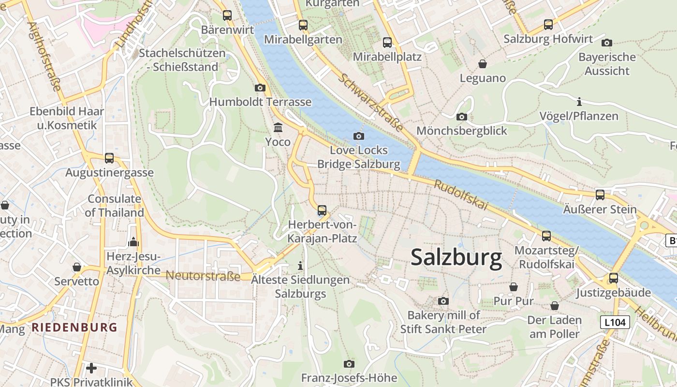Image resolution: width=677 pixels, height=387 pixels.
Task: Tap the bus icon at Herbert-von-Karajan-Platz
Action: [322, 210]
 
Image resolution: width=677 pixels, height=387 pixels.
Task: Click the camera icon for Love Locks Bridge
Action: [359, 136]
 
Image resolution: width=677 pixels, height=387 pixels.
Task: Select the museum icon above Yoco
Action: [278, 128]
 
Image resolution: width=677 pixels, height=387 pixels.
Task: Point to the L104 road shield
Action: [615, 322]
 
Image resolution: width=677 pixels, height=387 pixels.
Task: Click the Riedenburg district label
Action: [74, 327]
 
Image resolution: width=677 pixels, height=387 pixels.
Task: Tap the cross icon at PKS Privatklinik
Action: [91, 368]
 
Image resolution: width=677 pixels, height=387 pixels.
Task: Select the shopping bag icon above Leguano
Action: [482, 64]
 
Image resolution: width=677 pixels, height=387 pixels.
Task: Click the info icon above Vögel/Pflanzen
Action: [579, 102]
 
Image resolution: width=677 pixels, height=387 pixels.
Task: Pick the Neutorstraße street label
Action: [203, 276]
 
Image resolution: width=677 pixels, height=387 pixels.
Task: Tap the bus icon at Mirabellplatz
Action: [387, 43]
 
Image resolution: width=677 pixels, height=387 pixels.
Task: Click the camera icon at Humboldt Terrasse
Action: [260, 88]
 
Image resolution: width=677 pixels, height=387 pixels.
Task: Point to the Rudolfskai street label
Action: [461, 194]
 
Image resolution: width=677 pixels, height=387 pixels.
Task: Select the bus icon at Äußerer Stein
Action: [600, 195]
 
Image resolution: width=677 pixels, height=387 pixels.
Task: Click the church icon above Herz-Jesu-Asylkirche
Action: [133, 242]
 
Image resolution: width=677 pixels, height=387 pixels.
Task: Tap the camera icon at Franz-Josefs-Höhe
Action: [349, 364]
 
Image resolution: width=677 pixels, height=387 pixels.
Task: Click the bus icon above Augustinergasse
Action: [109, 158]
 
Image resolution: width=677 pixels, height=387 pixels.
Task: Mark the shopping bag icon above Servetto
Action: [76, 267]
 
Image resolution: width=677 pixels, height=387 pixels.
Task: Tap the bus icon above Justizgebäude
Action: [614, 278]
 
